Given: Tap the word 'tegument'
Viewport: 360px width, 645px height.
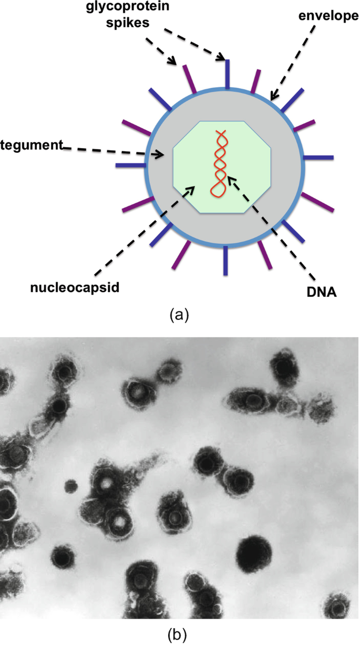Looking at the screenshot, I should coord(32,144).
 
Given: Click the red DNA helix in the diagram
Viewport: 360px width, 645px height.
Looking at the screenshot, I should coord(219,163).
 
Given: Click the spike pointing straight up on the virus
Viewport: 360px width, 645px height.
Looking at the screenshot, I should coord(227,74).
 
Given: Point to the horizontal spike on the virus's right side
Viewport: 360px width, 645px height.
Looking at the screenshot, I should coord(318,157).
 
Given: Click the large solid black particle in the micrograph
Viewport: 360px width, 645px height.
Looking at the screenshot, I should coord(254,553).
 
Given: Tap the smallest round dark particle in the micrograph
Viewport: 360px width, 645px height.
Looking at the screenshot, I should coord(70,486).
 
